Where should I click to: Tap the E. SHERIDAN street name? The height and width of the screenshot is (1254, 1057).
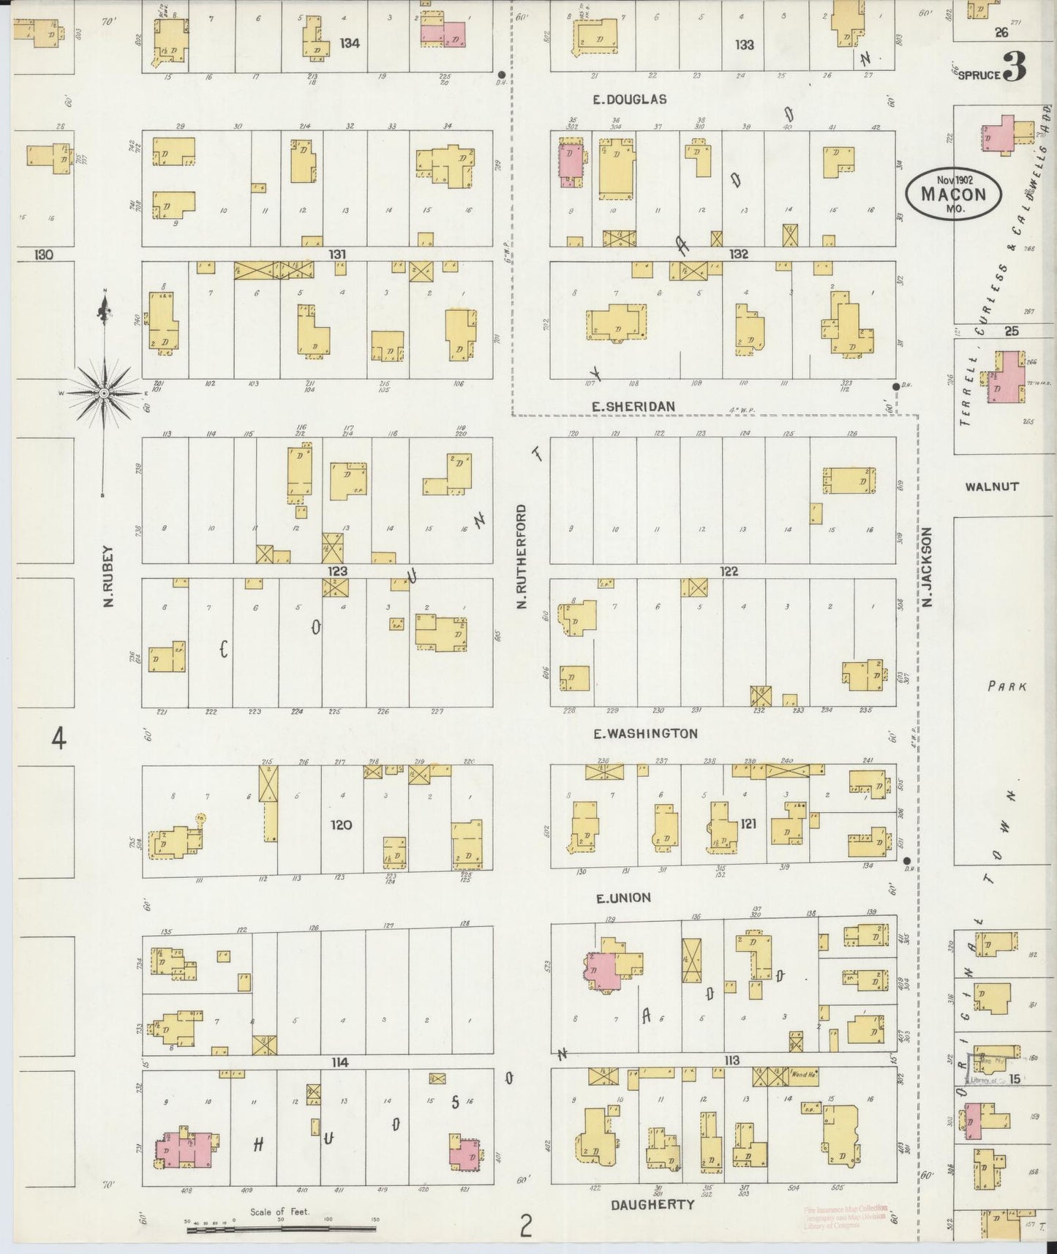tap(633, 407)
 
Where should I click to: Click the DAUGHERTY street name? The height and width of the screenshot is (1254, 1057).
tap(652, 1204)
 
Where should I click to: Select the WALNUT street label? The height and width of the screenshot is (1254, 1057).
tap(992, 486)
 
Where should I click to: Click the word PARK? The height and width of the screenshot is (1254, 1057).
tap(1007, 686)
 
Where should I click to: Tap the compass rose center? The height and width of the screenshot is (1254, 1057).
tap(105, 394)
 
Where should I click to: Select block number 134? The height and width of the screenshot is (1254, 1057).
tap(350, 43)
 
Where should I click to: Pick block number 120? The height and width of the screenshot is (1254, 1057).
tap(341, 825)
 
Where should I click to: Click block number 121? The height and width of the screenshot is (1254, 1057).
tap(748, 824)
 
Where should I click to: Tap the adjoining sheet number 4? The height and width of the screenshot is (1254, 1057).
tap(59, 740)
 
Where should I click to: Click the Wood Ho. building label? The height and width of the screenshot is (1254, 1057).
tap(804, 1075)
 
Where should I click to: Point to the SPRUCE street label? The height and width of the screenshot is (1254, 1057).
tap(979, 74)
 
